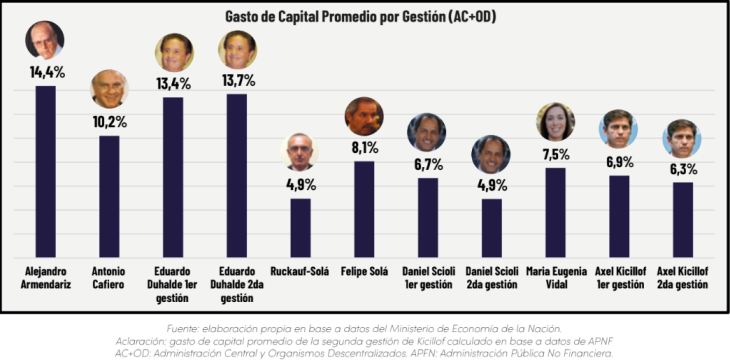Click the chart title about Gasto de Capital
(x=360, y=16)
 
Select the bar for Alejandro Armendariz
(x=46, y=171)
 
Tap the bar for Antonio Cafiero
(x=109, y=197)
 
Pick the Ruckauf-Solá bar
(x=301, y=228)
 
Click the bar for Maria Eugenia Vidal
(x=555, y=212)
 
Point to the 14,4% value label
(x=47, y=72)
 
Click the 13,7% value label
(x=237, y=81)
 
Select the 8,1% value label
(x=364, y=148)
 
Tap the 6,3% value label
(x=683, y=169)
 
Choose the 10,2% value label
(x=109, y=122)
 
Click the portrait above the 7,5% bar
(x=555, y=122)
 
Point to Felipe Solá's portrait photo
(x=364, y=116)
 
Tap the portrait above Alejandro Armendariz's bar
(x=45, y=40)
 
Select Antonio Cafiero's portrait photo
(x=109, y=88)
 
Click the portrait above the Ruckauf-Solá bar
(x=299, y=152)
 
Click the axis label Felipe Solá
(x=364, y=271)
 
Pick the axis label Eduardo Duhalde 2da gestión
(x=237, y=285)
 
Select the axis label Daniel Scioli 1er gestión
(x=428, y=278)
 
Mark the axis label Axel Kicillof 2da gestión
(x=683, y=278)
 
